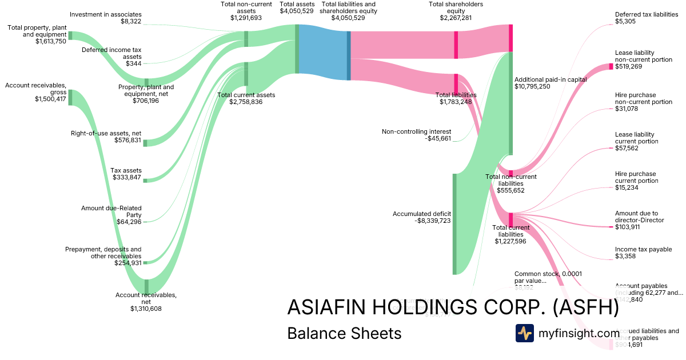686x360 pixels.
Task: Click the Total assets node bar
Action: (297, 49)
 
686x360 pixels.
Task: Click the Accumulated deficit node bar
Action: (455, 224)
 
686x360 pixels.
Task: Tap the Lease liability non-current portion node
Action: (611, 66)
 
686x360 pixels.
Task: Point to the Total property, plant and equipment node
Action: (70, 35)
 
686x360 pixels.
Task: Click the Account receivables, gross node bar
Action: (70, 97)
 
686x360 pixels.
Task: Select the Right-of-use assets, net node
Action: (145, 143)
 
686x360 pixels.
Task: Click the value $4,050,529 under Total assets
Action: (296, 11)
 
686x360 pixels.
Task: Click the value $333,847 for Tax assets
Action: (125, 177)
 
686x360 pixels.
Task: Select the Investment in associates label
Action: (106, 14)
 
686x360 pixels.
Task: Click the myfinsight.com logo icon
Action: (524, 333)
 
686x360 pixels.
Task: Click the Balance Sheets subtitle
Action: (344, 334)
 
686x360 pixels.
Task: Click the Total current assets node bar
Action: (246, 74)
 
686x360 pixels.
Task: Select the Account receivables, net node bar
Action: (146, 286)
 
